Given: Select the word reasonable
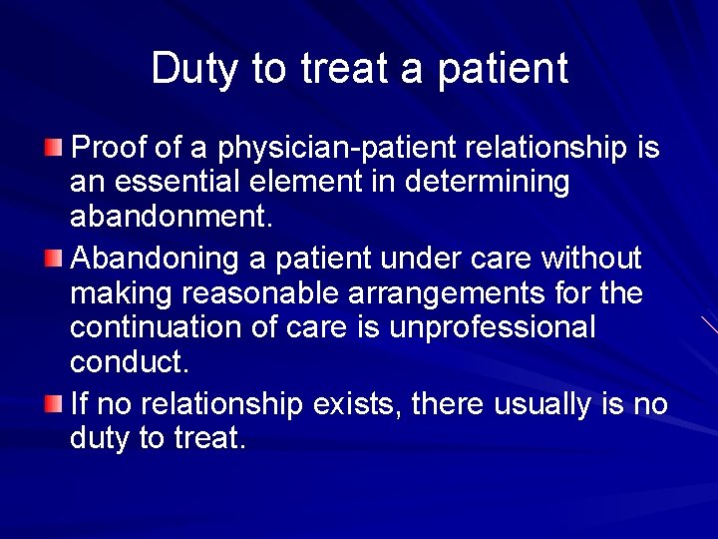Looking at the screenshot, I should (x=267, y=294).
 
